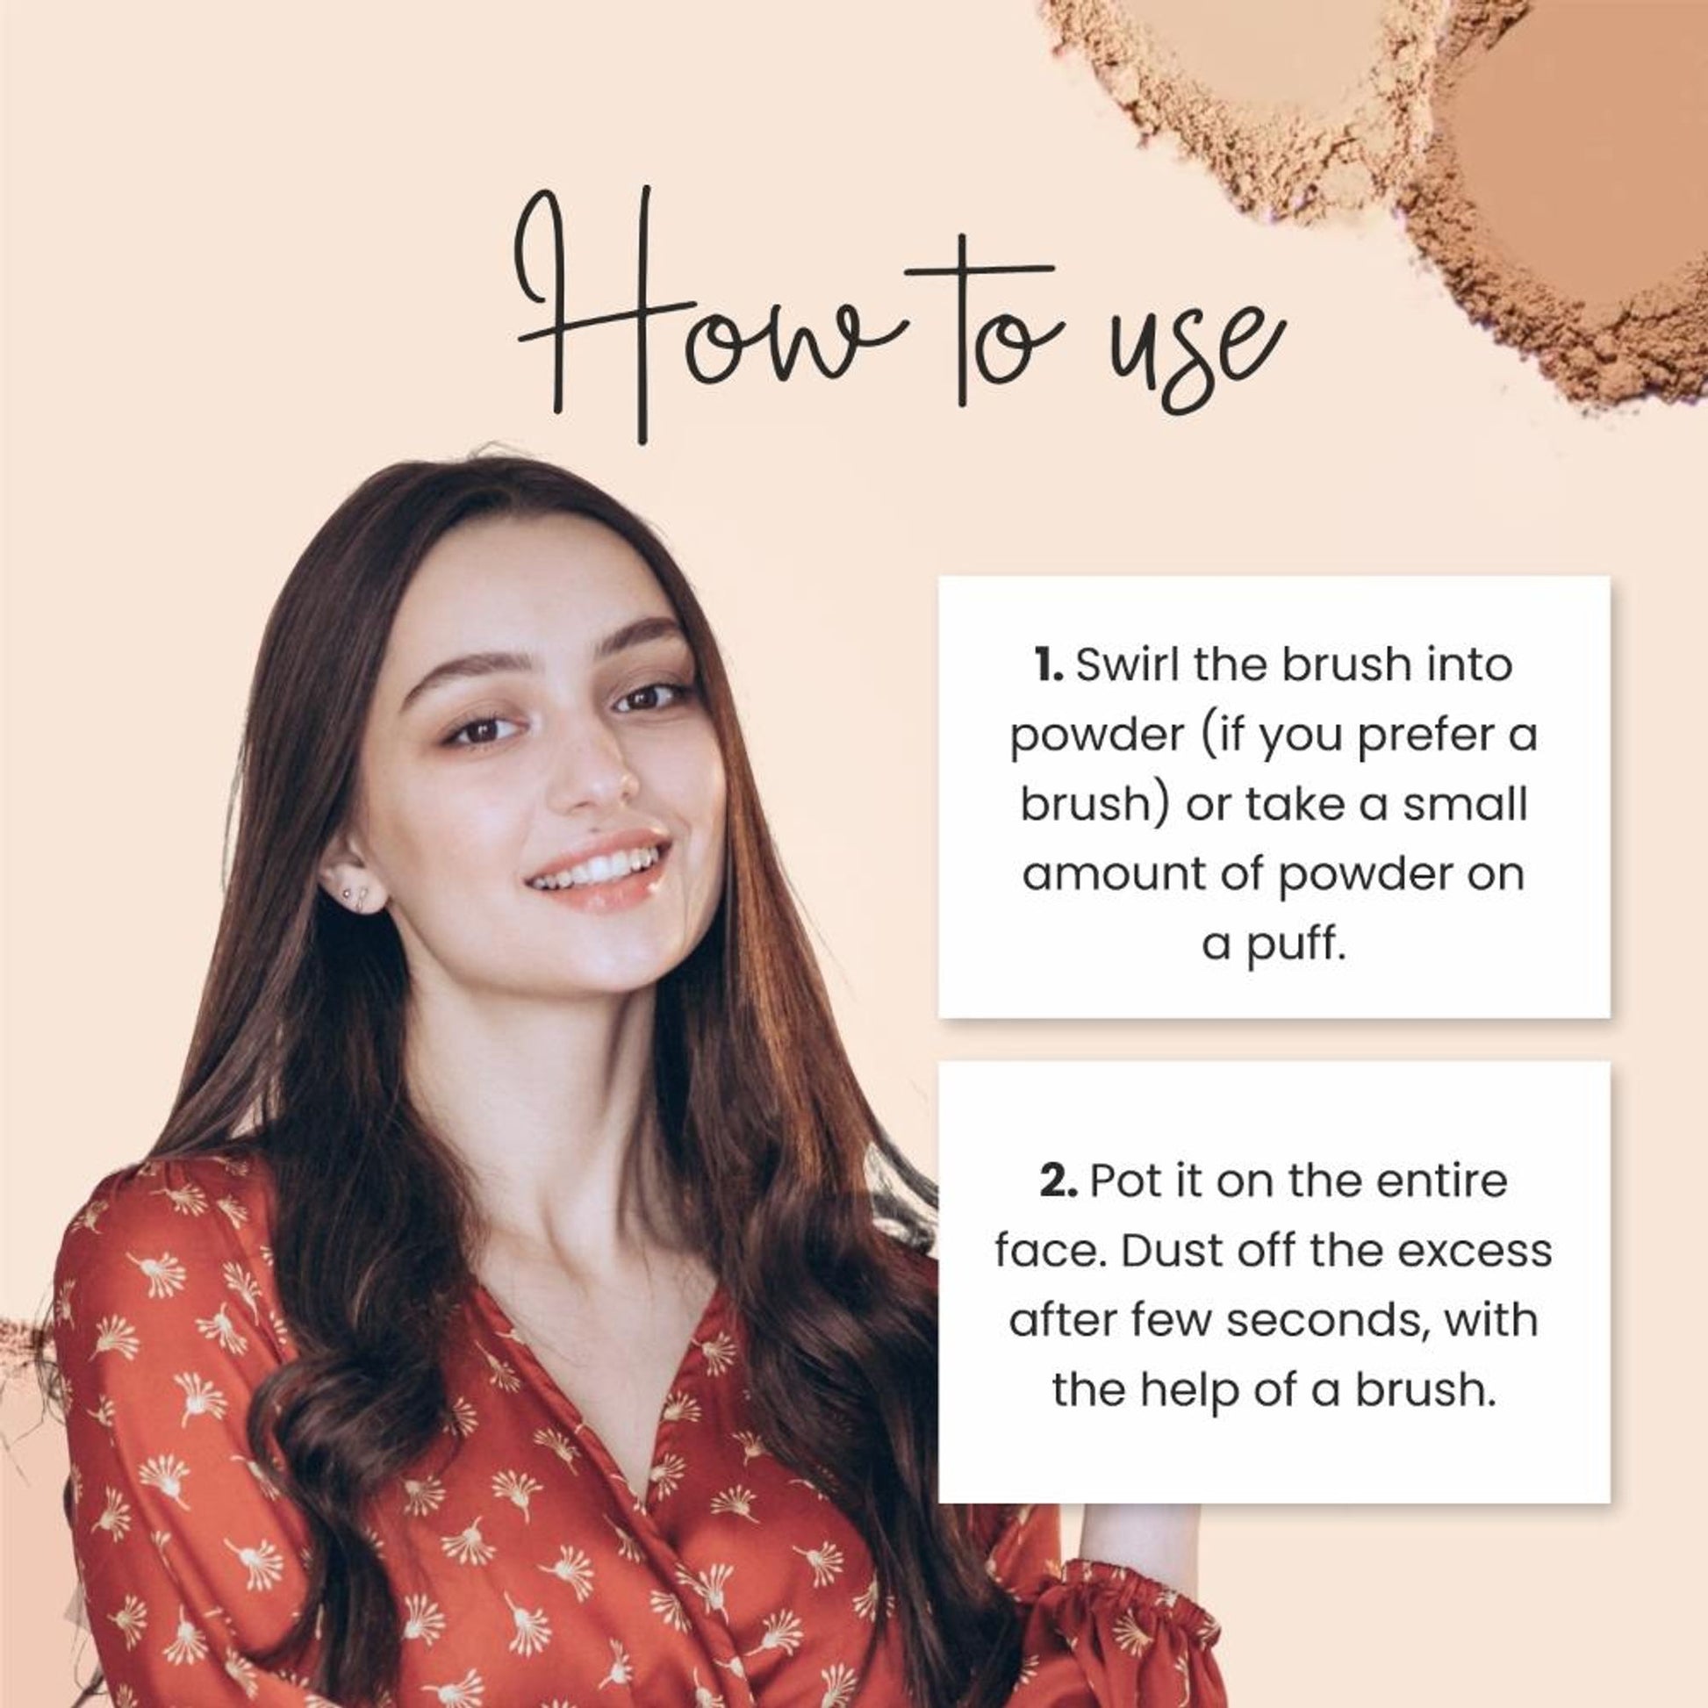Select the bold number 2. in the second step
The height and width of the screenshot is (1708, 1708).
coord(1059,1182)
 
